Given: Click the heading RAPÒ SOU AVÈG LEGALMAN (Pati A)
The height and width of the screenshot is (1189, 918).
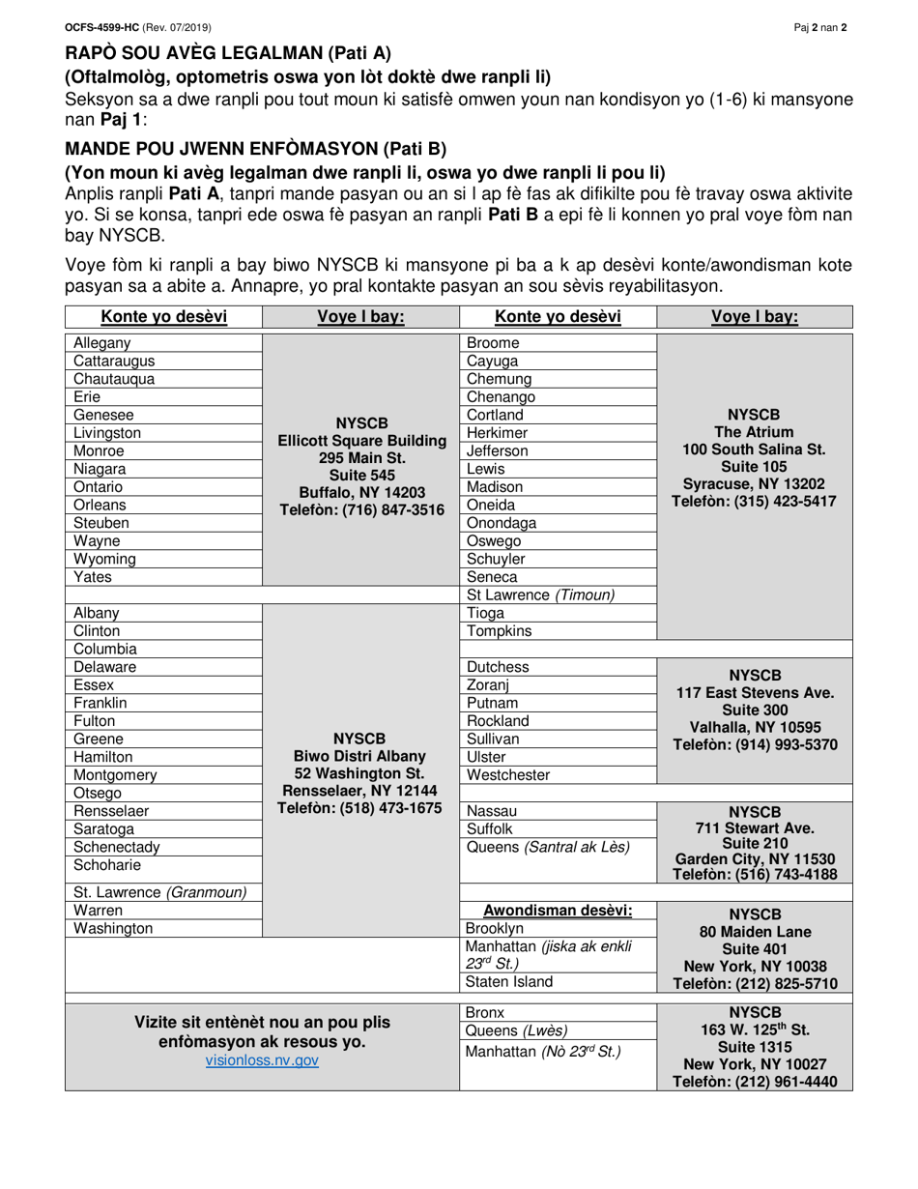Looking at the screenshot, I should [228, 54].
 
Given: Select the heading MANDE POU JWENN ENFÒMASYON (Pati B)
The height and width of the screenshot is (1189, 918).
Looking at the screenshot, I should [255, 149].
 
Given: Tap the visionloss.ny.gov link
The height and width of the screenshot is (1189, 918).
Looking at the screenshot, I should [262, 1060].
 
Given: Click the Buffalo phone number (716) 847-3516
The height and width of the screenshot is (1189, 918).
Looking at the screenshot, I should [361, 510].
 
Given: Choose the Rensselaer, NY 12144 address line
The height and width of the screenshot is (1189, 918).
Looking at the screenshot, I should [361, 791].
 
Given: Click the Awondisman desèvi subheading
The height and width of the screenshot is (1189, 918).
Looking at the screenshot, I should [558, 910].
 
